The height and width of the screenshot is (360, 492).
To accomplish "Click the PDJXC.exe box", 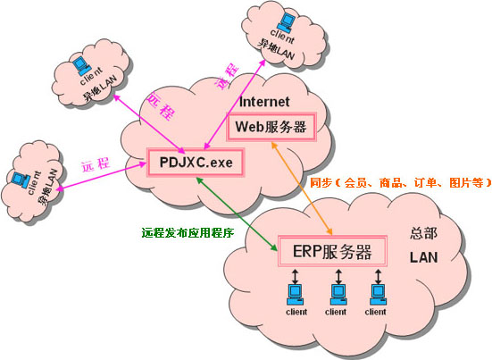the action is [x=196, y=163].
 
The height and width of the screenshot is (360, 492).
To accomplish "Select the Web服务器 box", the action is [x=271, y=127].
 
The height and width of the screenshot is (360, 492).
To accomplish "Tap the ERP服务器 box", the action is [x=332, y=251].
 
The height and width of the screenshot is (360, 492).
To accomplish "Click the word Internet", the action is [x=264, y=102].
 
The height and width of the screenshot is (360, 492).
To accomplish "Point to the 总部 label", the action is [x=423, y=234].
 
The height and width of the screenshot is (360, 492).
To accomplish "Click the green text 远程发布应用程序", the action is [x=188, y=232].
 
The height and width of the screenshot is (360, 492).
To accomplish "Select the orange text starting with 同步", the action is [x=400, y=182].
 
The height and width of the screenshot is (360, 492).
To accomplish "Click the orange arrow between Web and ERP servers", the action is [x=302, y=188].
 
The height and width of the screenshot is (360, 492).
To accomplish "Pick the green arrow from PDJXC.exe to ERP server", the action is [x=237, y=214].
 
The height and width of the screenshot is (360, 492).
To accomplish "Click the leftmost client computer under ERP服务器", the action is [x=295, y=294].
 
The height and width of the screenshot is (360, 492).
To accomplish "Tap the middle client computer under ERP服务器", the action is [x=338, y=294].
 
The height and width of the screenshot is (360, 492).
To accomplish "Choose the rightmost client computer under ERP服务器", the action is [x=378, y=294].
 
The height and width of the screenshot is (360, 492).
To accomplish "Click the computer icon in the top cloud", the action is [x=286, y=21].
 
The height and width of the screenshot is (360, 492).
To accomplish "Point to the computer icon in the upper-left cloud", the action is [x=81, y=66].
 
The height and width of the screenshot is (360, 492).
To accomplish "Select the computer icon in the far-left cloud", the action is [x=20, y=180].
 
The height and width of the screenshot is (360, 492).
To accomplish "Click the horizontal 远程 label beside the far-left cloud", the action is [x=96, y=164].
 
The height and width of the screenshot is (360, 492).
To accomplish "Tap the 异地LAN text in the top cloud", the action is [x=276, y=50].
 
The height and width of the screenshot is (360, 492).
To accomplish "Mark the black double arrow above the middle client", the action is [x=338, y=276].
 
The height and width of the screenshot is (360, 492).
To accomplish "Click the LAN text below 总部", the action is [x=423, y=257].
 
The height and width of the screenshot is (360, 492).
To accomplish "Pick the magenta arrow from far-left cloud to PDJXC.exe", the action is [x=102, y=176].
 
